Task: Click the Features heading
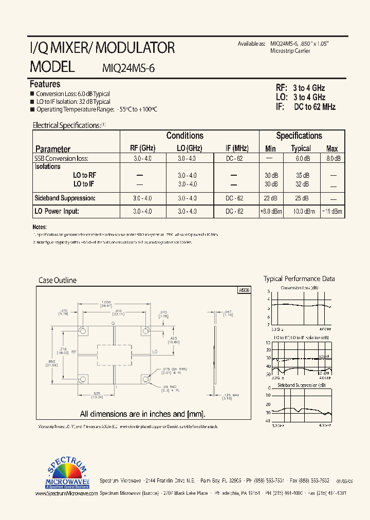(x=45, y=84)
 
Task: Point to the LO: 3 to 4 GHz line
(x=301, y=97)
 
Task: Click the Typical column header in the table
(x=301, y=148)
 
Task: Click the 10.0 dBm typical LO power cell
(x=302, y=211)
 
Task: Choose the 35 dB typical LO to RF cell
(x=302, y=175)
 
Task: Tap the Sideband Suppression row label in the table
(x=65, y=198)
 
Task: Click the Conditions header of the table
(x=184, y=136)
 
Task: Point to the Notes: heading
(x=40, y=227)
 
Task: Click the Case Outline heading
(x=58, y=281)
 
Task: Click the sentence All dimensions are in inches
(x=142, y=414)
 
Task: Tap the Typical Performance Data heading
(x=299, y=279)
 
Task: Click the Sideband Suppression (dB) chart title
(x=301, y=385)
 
